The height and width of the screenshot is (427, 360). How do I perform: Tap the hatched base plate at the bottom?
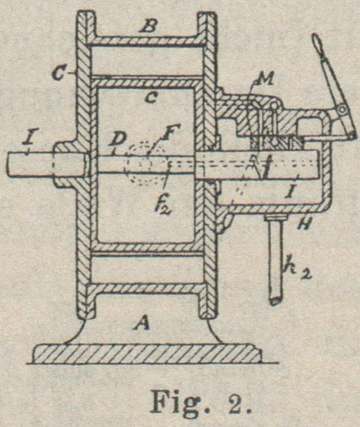146,353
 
